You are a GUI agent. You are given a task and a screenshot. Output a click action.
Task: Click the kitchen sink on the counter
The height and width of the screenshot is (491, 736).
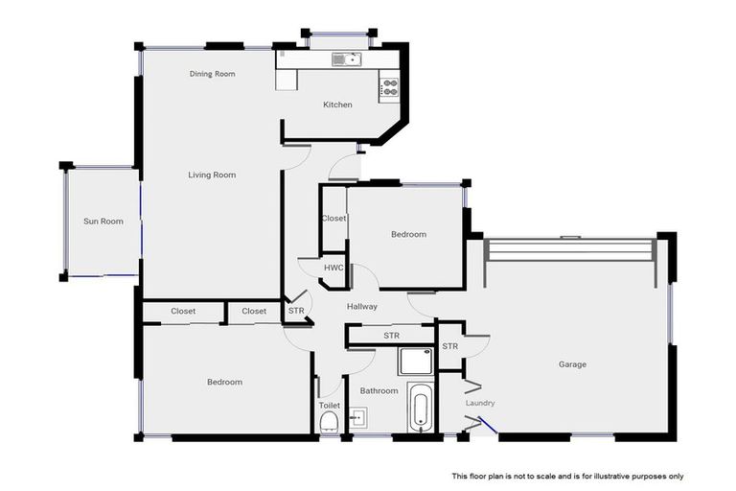pos(345,59)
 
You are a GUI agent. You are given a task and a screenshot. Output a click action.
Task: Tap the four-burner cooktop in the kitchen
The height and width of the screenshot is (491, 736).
pos(389,87)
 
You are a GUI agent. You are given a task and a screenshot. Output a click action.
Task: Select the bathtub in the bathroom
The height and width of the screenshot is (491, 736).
pos(420,409)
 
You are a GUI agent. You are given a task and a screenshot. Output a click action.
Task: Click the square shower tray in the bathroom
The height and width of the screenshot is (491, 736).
pos(416,360)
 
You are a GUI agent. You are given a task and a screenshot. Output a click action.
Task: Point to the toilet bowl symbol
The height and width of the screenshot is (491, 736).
pos(329,422)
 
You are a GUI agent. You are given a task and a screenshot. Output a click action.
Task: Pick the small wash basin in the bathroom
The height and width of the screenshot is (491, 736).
pos(356,418)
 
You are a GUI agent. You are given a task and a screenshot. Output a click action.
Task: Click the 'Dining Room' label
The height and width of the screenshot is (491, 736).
pos(212,74)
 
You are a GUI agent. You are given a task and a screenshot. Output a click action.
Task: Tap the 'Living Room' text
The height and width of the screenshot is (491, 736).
pos(212,175)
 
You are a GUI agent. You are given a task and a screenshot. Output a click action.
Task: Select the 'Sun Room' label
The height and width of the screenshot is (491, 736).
pos(103,222)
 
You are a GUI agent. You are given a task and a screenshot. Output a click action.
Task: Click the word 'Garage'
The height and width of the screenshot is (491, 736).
pos(572,364)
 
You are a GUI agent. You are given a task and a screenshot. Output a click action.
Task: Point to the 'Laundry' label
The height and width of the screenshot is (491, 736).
pos(480,403)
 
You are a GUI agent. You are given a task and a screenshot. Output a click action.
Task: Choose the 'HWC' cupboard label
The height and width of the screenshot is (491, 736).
pos(333,268)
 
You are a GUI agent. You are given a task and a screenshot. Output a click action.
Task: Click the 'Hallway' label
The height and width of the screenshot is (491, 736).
pos(362,307)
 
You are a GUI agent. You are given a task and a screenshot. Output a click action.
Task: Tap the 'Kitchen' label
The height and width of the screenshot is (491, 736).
pos(337,105)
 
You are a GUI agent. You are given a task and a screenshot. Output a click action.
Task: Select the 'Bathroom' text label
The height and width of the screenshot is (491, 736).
pos(379,391)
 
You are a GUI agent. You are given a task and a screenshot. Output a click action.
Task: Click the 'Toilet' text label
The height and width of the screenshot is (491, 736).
pos(329,406)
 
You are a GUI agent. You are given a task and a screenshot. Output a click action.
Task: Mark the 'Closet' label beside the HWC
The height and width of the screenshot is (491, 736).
pos(333,219)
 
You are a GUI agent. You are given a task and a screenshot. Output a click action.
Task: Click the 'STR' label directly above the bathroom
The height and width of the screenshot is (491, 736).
pos(391,336)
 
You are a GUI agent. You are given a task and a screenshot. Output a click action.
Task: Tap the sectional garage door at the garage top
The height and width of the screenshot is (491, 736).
pos(569,249)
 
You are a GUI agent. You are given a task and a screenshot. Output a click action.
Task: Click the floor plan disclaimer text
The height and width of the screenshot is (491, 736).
pos(567,477)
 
